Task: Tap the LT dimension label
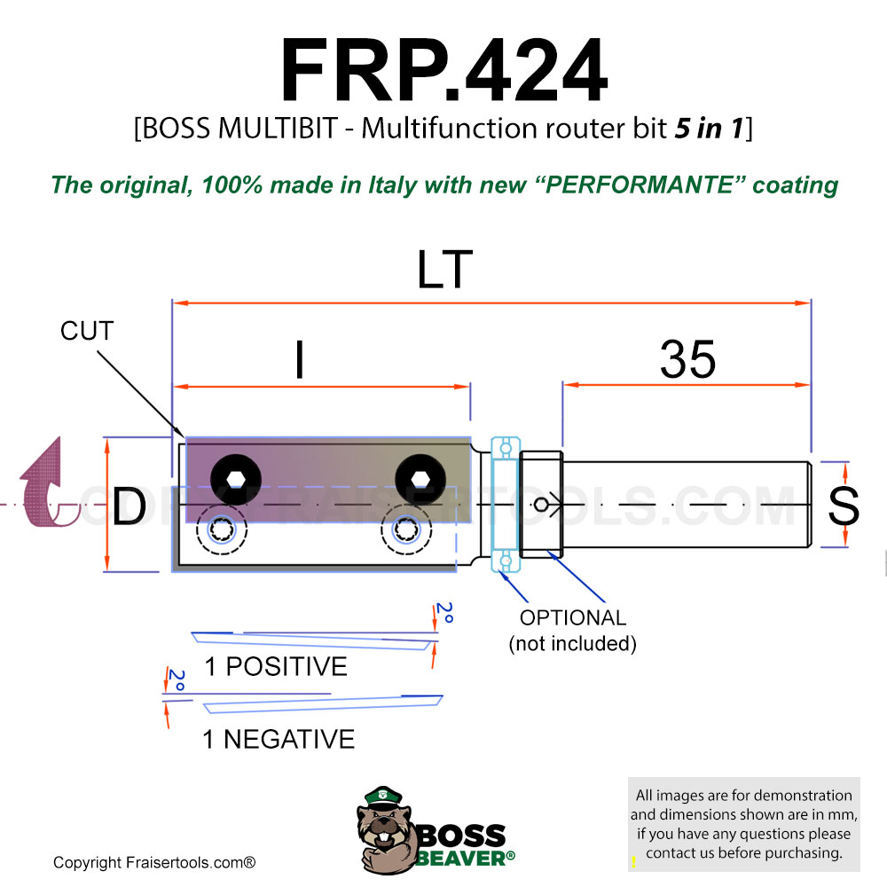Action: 444,270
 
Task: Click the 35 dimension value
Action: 688,359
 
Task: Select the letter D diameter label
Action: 130,506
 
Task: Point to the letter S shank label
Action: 844,506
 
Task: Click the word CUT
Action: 87,331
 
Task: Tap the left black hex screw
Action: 236,480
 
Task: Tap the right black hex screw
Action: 420,480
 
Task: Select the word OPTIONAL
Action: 573,617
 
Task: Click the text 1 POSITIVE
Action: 276,666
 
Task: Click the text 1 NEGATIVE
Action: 279,740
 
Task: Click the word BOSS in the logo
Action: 461,836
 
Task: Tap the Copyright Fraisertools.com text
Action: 154,863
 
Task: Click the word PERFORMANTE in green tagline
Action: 639,185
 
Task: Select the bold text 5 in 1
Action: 709,129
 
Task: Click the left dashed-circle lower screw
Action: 222,530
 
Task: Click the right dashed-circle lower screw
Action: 406,530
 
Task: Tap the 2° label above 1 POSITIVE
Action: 445,613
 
